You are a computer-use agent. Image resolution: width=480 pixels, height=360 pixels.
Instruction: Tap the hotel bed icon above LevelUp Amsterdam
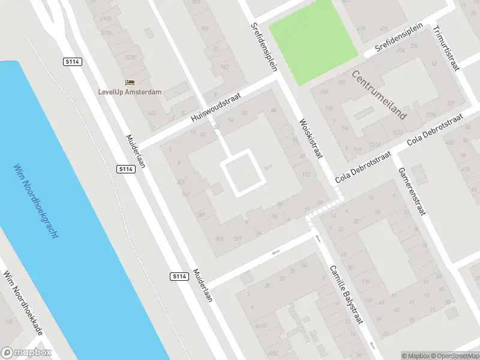130,82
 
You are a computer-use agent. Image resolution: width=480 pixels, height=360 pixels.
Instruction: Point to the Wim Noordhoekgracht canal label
36,200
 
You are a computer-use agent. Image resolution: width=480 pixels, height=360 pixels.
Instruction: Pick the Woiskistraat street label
311,138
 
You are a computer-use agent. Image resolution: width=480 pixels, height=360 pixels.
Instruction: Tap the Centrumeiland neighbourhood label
379,95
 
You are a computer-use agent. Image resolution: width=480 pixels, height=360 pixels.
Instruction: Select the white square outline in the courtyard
243,174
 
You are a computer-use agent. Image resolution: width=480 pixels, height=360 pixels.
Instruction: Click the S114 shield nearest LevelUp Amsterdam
72,61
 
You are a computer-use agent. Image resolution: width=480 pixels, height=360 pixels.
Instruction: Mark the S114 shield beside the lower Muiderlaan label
178,276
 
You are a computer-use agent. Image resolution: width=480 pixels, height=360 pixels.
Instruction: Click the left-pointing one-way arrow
275,252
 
